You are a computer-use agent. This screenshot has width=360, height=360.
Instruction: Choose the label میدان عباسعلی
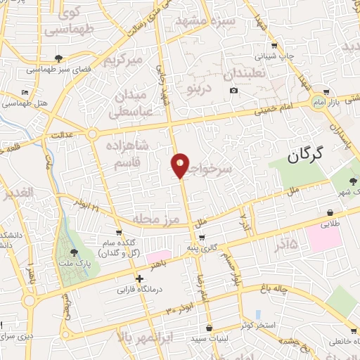click(129, 102)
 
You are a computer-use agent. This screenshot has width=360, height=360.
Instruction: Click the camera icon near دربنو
click(233, 90)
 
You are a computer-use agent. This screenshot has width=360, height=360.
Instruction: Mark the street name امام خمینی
click(282, 105)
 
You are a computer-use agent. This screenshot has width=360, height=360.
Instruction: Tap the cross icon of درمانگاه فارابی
click(140, 278)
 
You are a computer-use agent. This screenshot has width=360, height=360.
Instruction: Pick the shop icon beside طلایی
click(330, 213)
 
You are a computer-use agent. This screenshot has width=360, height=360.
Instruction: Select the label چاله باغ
click(289, 286)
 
